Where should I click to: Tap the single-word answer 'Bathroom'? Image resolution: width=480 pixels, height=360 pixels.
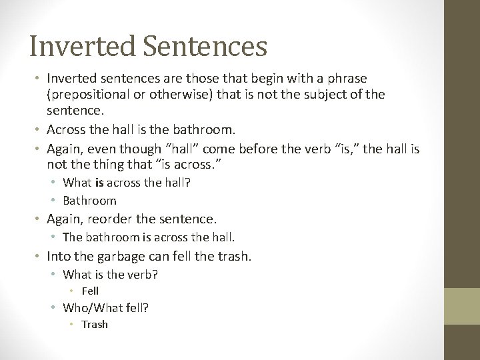point(89,200)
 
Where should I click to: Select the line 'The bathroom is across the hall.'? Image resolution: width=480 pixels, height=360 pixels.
point(149,236)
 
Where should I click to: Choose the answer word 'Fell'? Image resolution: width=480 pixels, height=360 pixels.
point(90,291)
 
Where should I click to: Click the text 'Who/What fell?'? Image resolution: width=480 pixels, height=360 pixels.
point(105,307)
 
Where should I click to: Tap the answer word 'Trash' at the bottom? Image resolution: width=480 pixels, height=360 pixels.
point(94,325)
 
